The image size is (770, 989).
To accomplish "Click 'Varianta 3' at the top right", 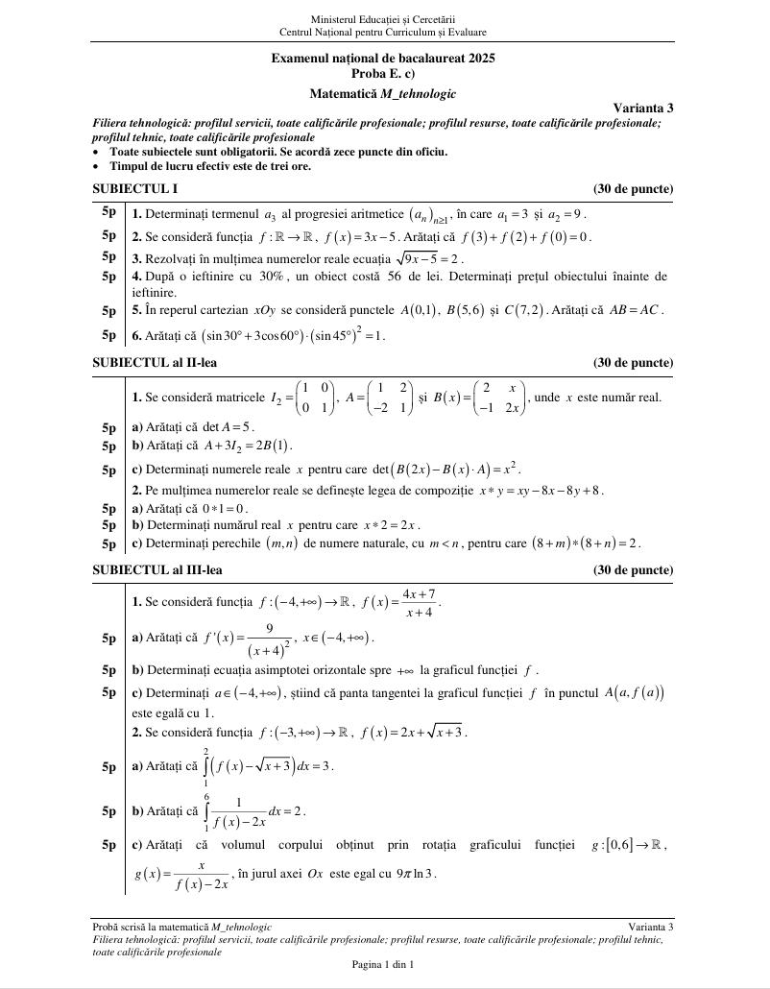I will (x=643, y=108).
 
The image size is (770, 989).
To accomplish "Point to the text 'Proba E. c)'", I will (x=383, y=73).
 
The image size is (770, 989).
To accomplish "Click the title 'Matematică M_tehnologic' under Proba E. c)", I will (x=383, y=93).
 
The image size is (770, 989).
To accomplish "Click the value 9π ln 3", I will (x=417, y=873).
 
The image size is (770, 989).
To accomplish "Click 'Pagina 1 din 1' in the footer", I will (x=383, y=964).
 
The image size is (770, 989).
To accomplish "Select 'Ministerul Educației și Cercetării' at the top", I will (x=383, y=19).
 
